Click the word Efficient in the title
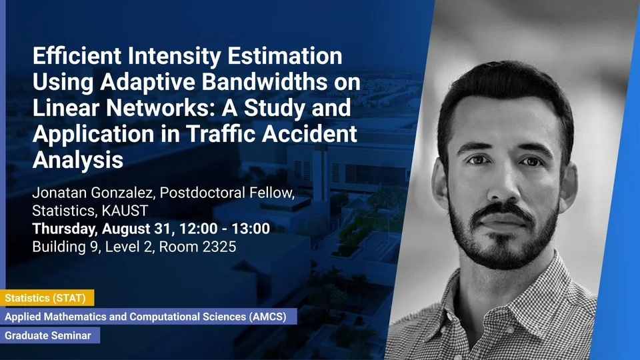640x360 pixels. pos(77,56)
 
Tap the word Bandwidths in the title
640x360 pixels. pos(265,81)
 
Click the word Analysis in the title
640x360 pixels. pos(77,160)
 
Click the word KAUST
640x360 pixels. pos(125,211)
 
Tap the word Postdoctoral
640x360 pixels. pos(199,193)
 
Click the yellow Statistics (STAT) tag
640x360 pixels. pos(47,298)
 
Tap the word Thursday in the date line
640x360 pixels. pos(65,229)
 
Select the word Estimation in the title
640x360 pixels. pos(285,56)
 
